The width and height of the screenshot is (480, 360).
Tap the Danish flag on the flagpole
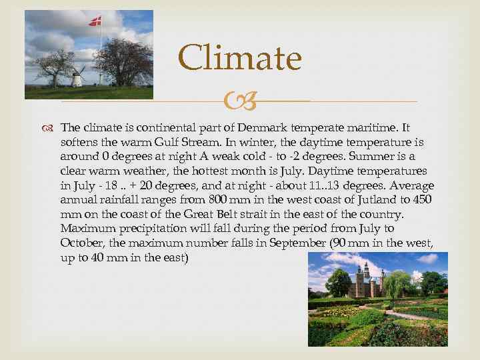[x=95, y=21]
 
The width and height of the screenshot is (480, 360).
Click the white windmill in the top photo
[x=77, y=77]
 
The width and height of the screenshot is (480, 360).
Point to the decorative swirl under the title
[x=239, y=102]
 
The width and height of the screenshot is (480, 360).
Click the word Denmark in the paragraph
[x=264, y=128]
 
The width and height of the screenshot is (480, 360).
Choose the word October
[x=81, y=243]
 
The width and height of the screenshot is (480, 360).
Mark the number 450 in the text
[x=421, y=199]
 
